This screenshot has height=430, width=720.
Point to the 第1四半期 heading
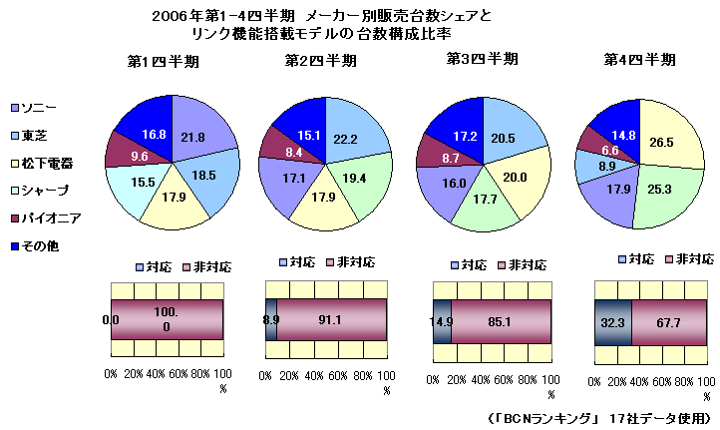tap(164, 61)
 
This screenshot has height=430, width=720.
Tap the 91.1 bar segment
tap(332, 320)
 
